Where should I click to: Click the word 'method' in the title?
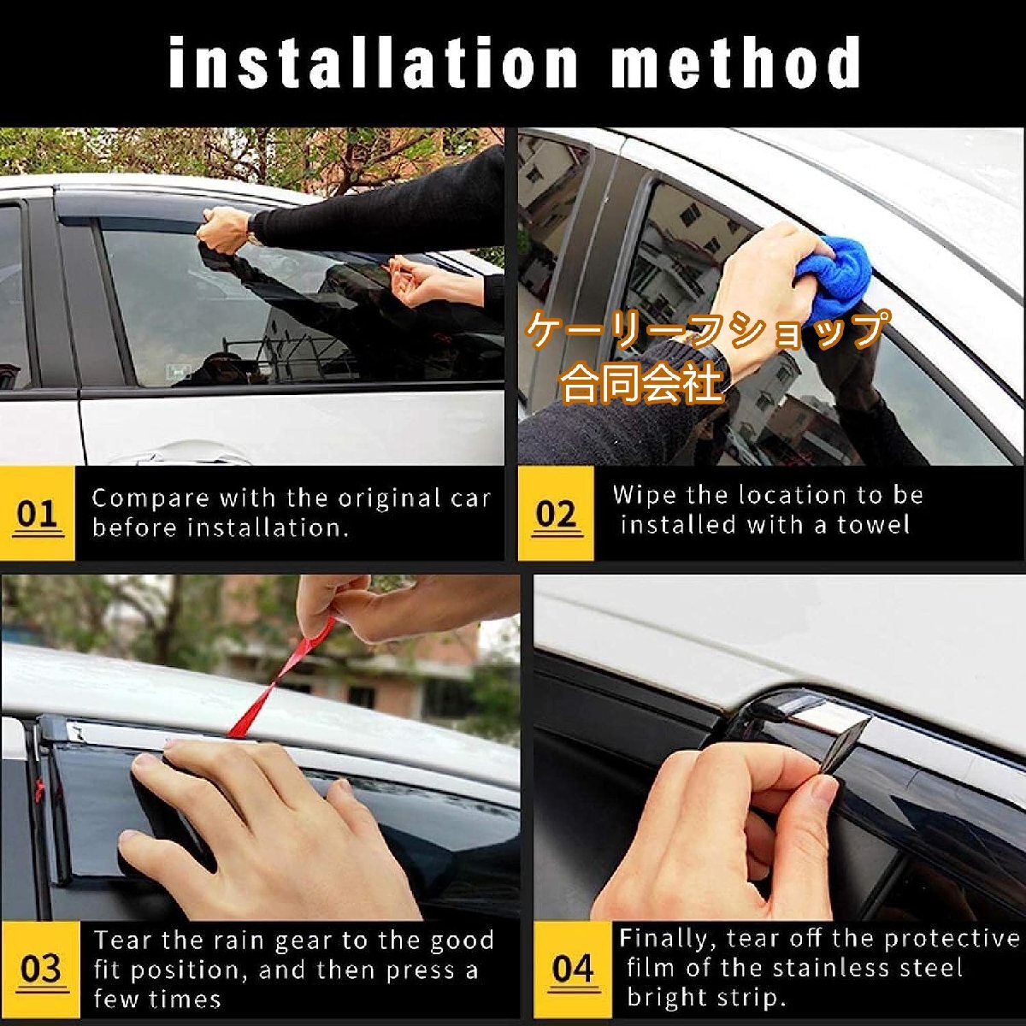tap(735, 62)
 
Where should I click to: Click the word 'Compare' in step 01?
tap(150, 499)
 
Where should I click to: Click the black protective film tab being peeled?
tap(847, 746)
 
